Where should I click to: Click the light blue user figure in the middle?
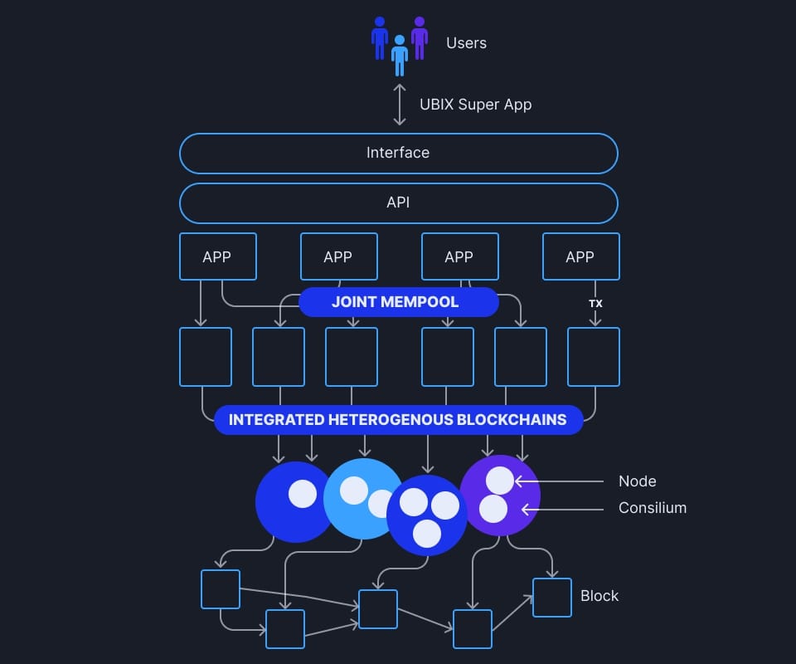[400, 55]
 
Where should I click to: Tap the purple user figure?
[420, 37]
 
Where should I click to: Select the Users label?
[466, 43]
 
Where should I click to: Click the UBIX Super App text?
[475, 105]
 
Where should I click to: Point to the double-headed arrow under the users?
[400, 105]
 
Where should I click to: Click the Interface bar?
[398, 153]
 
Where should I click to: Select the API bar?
[398, 203]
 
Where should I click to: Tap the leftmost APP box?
[217, 256]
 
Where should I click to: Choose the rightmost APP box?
[580, 256]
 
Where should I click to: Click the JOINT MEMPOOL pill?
[398, 302]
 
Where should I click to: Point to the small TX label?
[595, 304]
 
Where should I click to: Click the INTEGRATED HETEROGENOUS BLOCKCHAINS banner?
[398, 420]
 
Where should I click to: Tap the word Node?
[637, 481]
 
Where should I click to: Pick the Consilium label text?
[652, 508]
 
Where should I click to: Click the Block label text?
[599, 596]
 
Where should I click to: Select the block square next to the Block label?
[551, 598]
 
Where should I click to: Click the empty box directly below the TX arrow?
[593, 357]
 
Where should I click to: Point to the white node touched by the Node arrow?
[500, 481]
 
